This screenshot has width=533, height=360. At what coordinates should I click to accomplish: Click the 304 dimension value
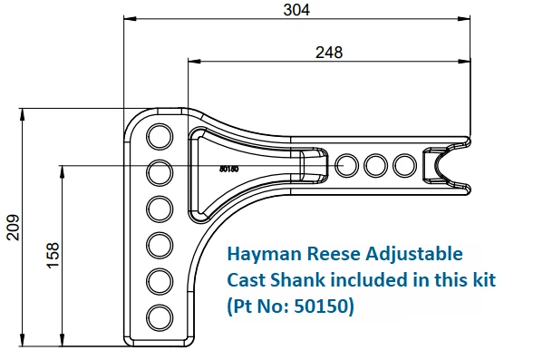[296, 10]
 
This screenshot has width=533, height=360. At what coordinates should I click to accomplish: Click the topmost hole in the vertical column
[160, 135]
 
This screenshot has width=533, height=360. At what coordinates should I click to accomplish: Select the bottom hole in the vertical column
[160, 316]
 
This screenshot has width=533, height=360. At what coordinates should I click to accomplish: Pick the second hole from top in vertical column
[160, 171]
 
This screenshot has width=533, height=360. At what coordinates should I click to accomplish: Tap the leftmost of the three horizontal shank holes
[346, 165]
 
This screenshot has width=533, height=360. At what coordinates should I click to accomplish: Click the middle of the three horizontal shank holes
[376, 165]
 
